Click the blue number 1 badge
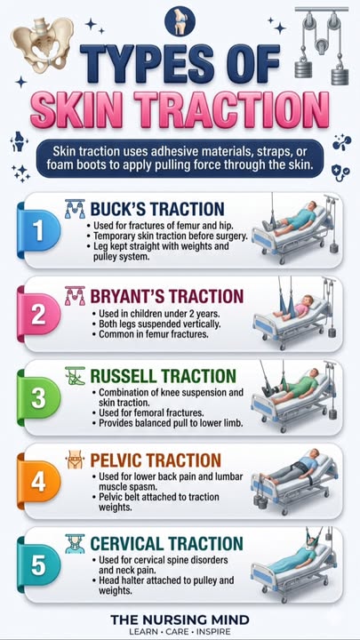[x=38, y=231]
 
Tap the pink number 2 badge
[x=38, y=315]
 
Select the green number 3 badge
[x=38, y=398]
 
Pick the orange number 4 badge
[x=38, y=482]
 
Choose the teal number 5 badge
[x=38, y=565]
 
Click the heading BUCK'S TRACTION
[x=157, y=209]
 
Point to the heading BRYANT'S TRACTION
[x=167, y=296]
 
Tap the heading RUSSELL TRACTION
[x=163, y=376]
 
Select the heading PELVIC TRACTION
[x=156, y=460]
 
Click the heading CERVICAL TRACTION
[x=166, y=544]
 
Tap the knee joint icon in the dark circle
[x=180, y=21]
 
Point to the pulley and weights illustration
[x=322, y=44]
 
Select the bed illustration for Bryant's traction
[x=295, y=313]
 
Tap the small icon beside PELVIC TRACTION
[x=75, y=460]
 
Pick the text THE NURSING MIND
[x=180, y=620]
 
